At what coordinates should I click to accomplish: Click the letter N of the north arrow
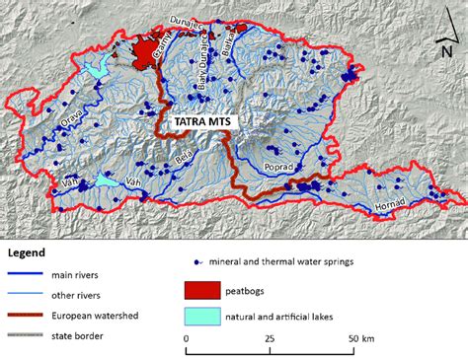point(447,52)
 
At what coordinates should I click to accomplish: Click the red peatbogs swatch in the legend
point(202,291)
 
